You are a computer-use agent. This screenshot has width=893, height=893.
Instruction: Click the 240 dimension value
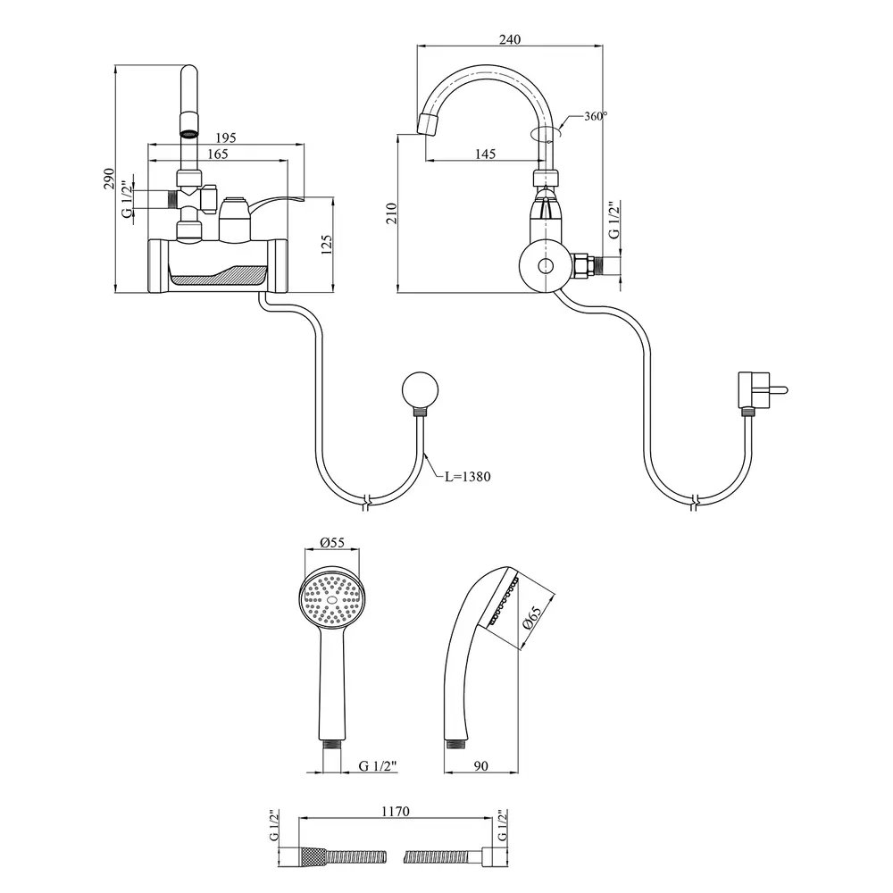coord(510,39)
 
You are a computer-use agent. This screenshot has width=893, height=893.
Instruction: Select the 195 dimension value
coord(226,138)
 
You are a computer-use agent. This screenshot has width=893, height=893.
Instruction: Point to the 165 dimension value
coord(218,154)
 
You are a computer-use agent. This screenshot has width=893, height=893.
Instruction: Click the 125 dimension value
coord(327,244)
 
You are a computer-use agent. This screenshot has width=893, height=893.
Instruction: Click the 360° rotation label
coord(596,117)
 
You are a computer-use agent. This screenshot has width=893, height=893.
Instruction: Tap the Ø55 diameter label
coord(331,542)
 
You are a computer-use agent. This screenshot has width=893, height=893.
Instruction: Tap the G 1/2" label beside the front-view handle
coord(127,198)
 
